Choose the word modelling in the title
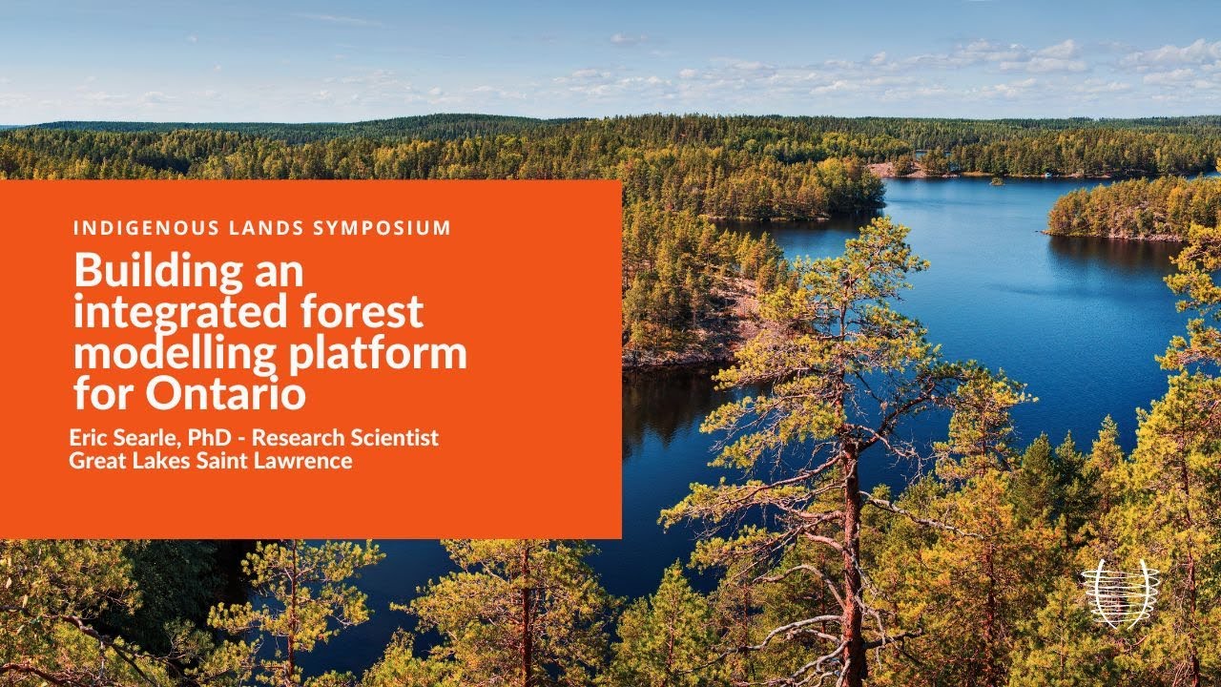174,353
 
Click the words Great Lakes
129,462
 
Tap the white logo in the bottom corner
1120,593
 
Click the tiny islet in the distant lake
996,179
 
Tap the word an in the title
278,273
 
